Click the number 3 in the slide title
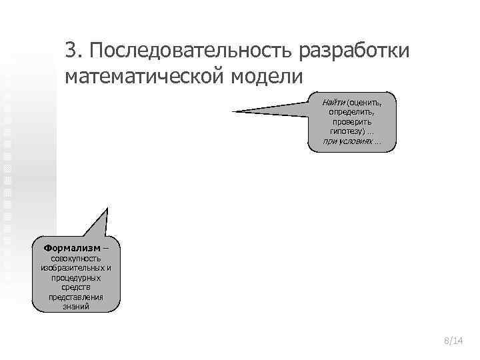click(71, 50)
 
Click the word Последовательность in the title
click(189, 50)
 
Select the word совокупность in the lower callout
click(78, 258)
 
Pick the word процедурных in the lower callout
click(78, 277)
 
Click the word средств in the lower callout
click(78, 287)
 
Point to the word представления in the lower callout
click(78, 297)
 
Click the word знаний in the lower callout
click(78, 307)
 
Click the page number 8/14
click(453, 341)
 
